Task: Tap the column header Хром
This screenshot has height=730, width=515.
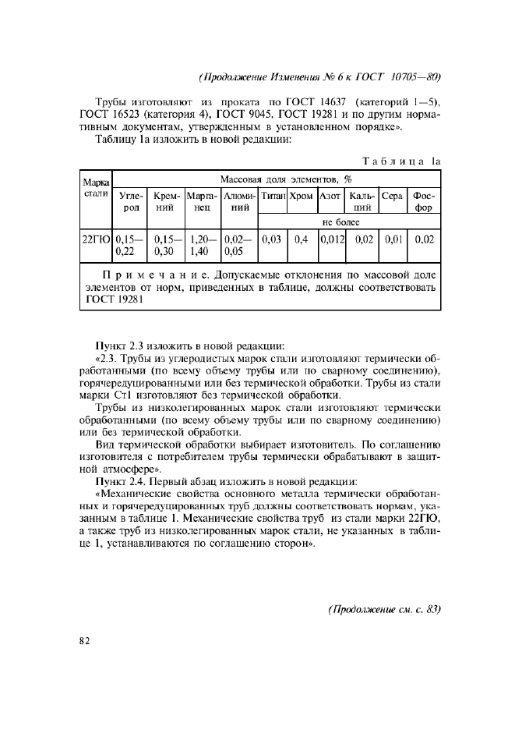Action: click(301, 195)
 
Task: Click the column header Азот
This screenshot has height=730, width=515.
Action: click(330, 195)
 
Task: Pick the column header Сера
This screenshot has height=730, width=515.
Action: click(392, 195)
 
